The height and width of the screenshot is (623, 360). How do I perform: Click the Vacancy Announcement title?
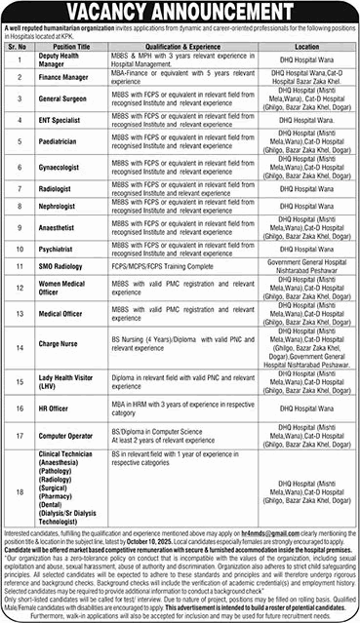click(x=180, y=11)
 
